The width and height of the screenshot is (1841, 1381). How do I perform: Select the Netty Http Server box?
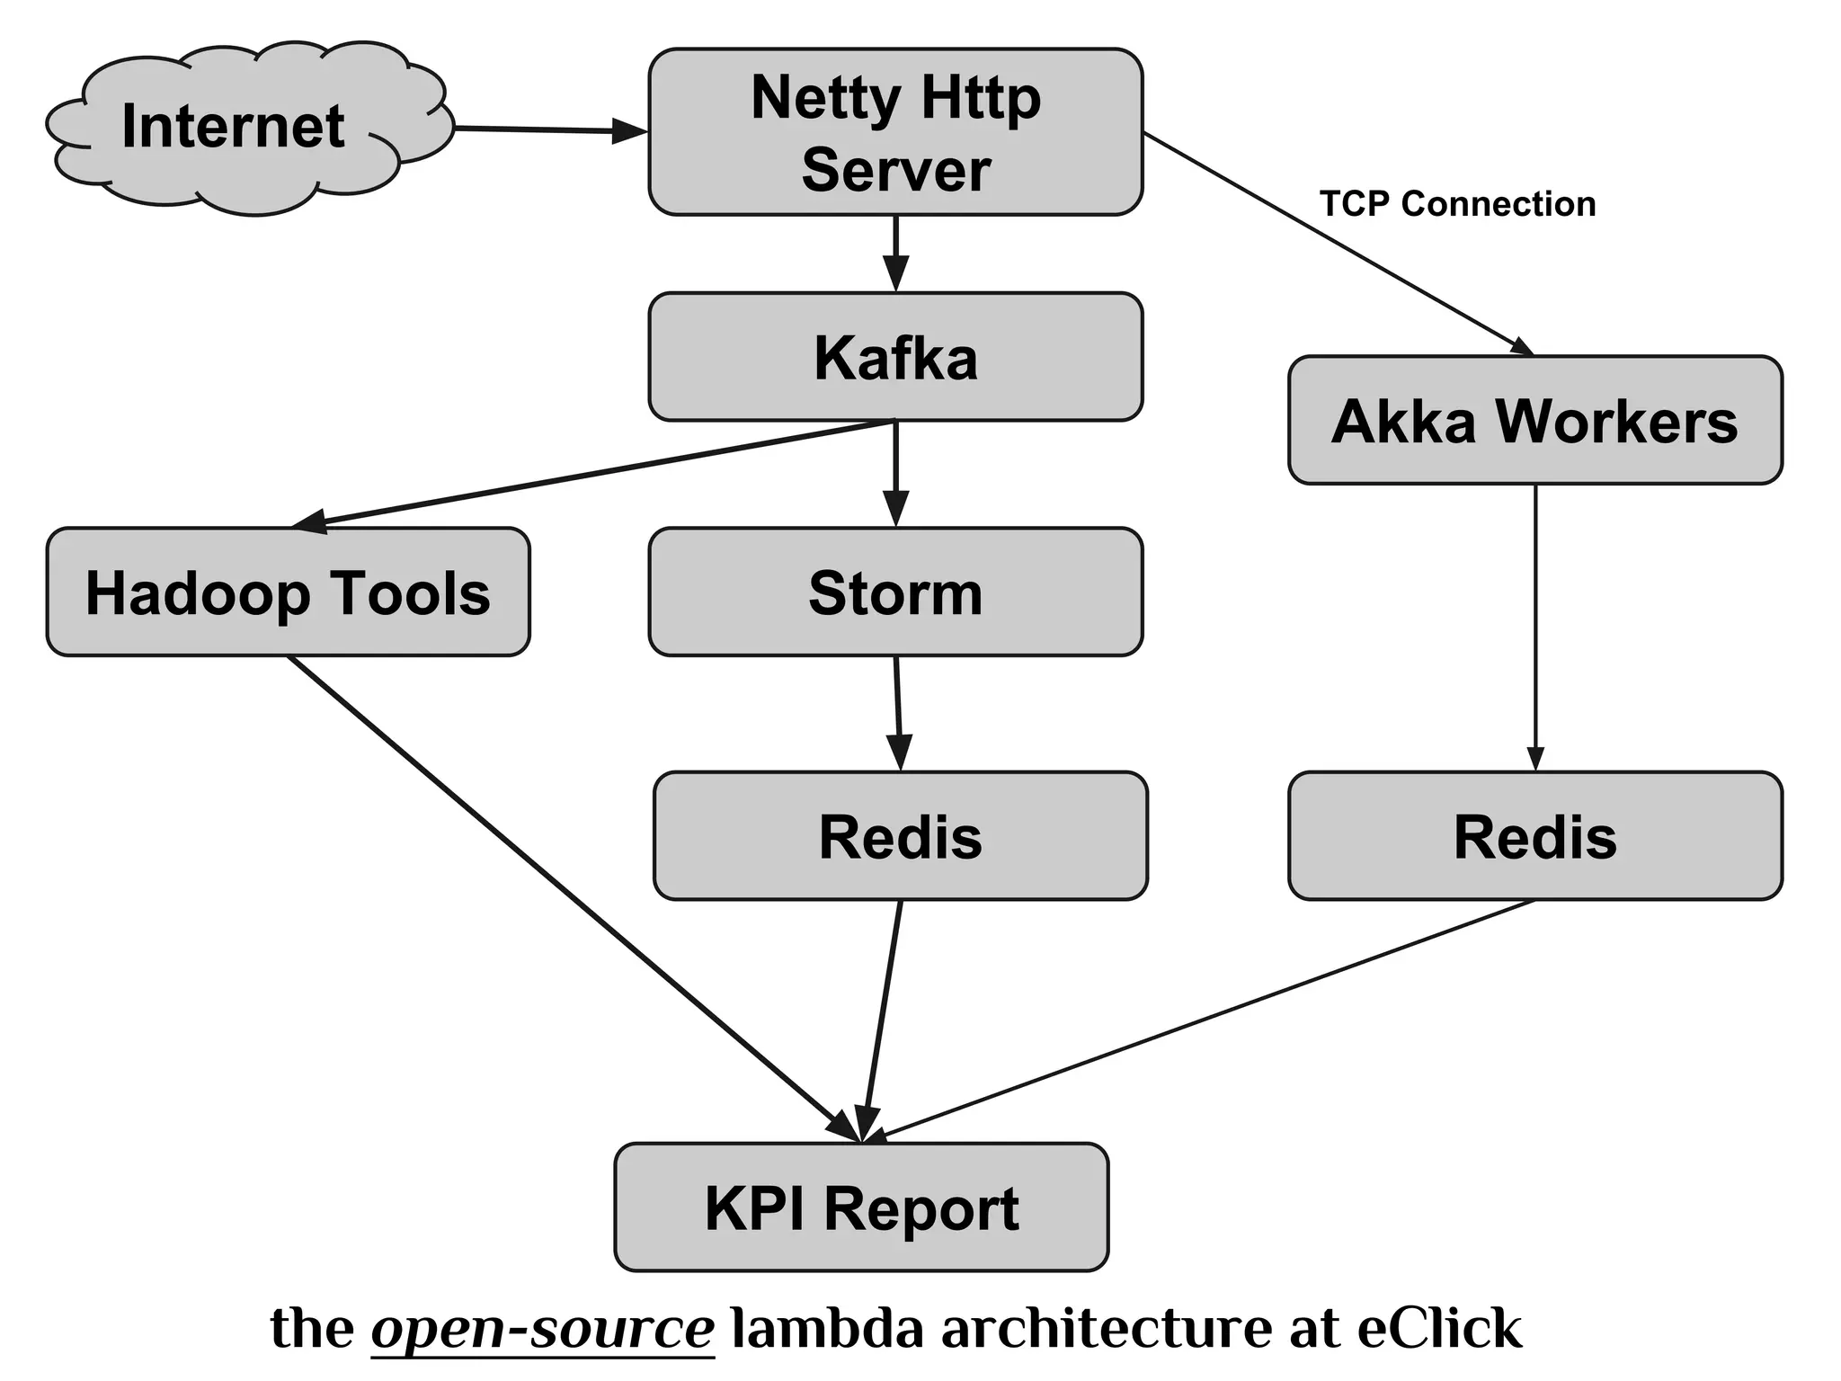895,132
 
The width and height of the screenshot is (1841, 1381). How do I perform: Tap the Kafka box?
895,357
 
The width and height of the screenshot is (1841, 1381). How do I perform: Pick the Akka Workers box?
1534,420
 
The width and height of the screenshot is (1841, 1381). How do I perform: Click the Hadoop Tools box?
288,592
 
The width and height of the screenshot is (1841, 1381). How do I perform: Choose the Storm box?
895,592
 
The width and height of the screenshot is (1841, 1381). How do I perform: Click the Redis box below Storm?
900,835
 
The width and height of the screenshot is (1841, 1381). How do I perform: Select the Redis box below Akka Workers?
1534,835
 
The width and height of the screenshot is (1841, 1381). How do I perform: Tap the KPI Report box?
861,1207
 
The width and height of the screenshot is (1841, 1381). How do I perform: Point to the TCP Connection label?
1457,204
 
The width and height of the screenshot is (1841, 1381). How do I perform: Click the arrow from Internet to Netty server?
548,130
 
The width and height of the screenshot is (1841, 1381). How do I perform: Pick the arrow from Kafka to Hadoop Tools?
593,473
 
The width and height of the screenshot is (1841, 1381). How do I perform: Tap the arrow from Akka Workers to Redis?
1534,629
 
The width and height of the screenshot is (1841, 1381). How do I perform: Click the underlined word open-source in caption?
542,1328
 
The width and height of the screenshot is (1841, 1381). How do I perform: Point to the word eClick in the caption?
1439,1328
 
